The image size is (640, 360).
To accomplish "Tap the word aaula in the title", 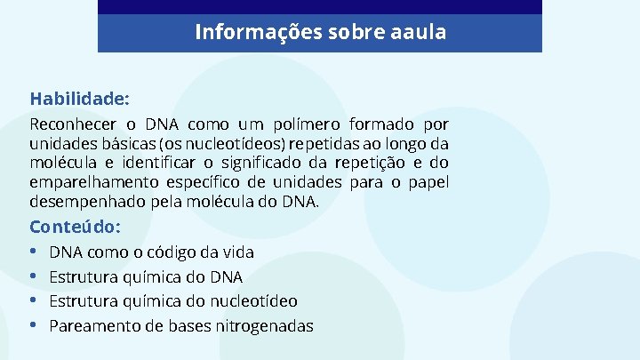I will (418, 33).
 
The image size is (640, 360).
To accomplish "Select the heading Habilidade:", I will (79, 97).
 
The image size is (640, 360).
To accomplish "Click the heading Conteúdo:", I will (76, 226).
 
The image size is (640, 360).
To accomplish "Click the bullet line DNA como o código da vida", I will (151, 252).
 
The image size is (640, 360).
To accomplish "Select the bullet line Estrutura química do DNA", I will (145, 277).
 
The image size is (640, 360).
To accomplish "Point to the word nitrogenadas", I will (264, 326).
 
